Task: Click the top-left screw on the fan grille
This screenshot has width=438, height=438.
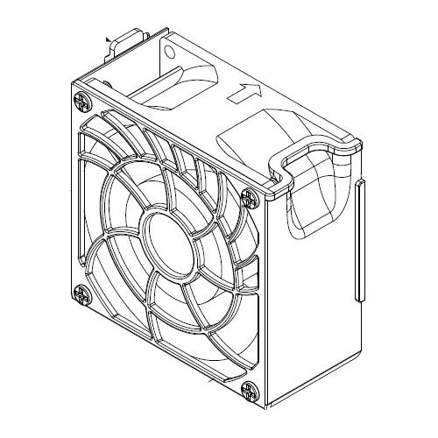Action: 81,100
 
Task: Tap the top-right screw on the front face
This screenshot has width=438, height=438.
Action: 250,199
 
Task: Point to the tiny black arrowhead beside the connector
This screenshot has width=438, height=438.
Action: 107,39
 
